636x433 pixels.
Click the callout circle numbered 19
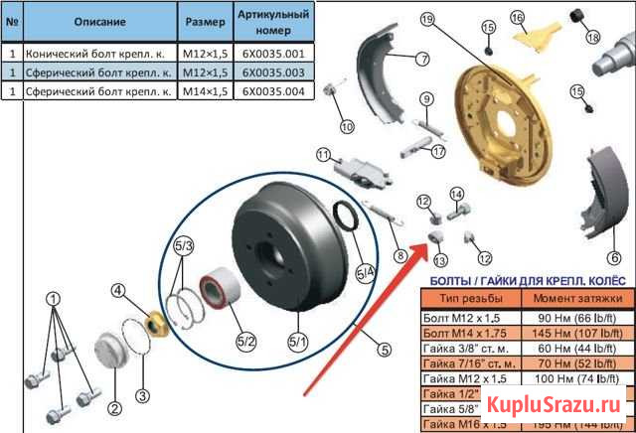[427, 20]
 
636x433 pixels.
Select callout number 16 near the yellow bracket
[518, 17]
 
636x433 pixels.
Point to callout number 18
[593, 38]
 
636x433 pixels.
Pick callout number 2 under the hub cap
[114, 407]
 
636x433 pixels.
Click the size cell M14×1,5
[206, 90]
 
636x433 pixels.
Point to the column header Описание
[98, 20]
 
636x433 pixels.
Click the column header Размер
[206, 20]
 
